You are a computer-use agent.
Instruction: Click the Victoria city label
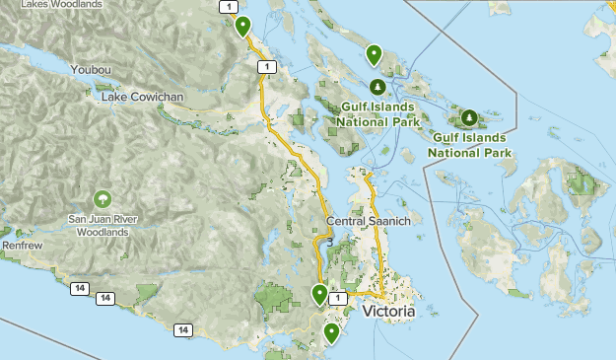pos(388,311)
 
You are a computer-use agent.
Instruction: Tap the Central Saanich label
pos(368,222)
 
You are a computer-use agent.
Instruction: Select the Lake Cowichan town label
pos(146,98)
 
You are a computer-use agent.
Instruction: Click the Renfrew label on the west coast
pos(20,241)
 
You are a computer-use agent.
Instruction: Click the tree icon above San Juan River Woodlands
pos(103,199)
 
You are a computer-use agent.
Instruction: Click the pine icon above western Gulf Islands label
pos(376,86)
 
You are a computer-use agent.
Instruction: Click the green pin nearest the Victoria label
pos(319,294)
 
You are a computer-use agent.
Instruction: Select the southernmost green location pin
pos(331,333)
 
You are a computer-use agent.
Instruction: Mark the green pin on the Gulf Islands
pos(374,54)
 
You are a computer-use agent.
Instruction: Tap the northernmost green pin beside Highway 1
pos(241,27)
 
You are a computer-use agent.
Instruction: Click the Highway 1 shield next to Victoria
pos(338,297)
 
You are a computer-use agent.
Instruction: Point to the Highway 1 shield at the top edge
pos(230,7)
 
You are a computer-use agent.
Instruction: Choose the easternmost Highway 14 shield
pos(182,329)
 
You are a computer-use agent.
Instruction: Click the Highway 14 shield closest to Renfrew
pos(79,287)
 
